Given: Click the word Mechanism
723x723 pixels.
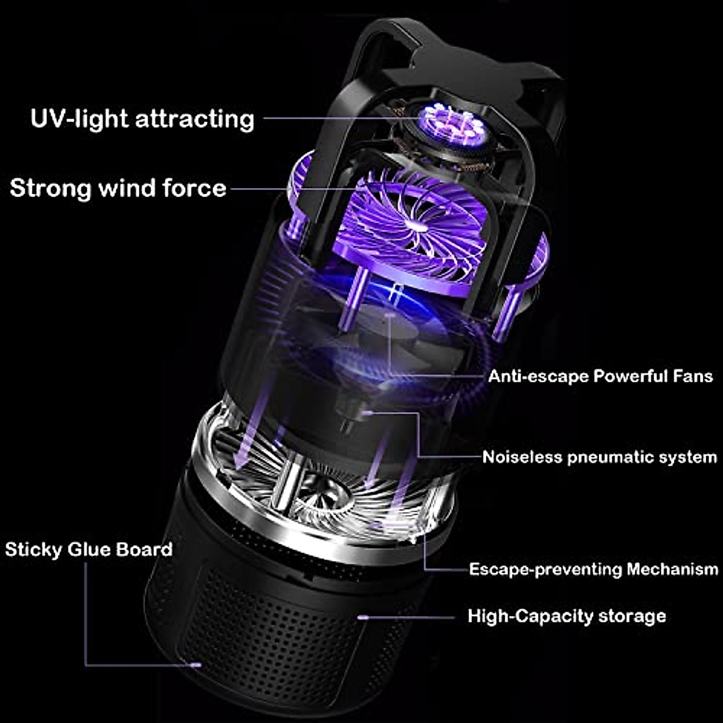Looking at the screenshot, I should pos(672,569).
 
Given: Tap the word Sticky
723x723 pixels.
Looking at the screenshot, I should pos(33,549).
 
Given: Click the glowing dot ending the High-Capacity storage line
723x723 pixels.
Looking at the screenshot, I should pos(362,617).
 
